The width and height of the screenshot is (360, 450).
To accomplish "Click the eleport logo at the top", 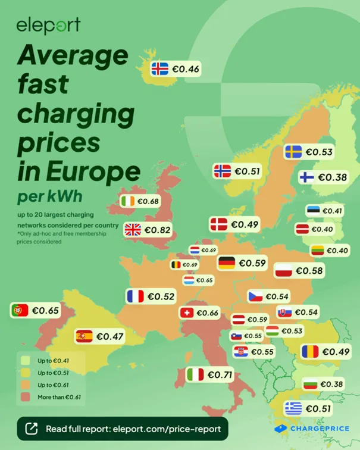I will pos(48,25).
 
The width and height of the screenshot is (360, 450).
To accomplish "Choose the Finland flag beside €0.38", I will pos(306,177).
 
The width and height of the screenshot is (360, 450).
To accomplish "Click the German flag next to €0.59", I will pos(227,262).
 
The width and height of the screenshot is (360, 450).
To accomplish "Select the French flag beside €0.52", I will pos(135,296).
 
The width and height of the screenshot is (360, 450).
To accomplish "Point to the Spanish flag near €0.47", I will pos(84,336).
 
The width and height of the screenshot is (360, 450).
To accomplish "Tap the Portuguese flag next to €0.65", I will pos(20,310).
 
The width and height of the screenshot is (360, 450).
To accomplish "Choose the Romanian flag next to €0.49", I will pos(310,352).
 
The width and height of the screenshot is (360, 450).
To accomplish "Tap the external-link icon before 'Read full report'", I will pos(33,429).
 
